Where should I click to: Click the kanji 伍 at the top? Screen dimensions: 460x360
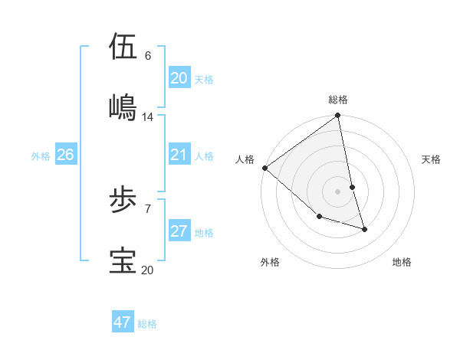coord(123,47)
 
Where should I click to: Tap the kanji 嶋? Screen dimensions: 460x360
coord(123,106)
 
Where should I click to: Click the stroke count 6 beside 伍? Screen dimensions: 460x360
coord(147,56)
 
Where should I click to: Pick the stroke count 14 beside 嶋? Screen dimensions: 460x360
coord(148,116)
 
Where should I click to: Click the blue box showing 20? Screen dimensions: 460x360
coord(179,78)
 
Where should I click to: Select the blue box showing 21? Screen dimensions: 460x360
coord(179,155)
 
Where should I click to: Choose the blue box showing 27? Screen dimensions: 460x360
coord(179,232)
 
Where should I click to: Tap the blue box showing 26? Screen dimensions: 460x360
coord(65,155)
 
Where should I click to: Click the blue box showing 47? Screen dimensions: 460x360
coord(123,322)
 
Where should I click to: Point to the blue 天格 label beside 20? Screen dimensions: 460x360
coord(204,80)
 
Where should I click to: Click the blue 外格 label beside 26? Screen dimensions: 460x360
coord(41,156)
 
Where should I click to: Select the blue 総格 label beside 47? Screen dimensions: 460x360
coord(147,324)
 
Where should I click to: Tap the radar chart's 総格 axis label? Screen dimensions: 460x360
coord(338,100)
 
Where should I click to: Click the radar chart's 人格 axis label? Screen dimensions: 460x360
coord(245,159)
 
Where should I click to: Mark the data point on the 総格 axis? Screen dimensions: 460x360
coord(338,116)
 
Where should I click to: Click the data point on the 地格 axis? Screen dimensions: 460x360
coord(364,229)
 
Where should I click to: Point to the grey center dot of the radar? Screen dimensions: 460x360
coord(337,191)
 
